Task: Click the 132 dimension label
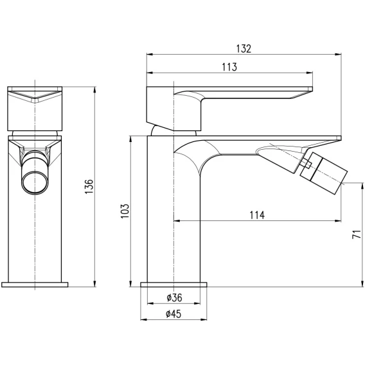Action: click(x=244, y=49)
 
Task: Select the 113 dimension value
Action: click(x=229, y=67)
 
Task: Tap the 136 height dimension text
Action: click(x=89, y=186)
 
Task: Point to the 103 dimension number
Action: click(x=125, y=211)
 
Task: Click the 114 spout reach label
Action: click(x=257, y=215)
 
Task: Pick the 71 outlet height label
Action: click(x=357, y=234)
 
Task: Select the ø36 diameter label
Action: click(x=174, y=298)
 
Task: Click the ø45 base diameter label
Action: click(x=174, y=314)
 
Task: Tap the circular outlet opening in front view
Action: click(x=35, y=182)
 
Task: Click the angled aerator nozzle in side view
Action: click(x=324, y=173)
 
